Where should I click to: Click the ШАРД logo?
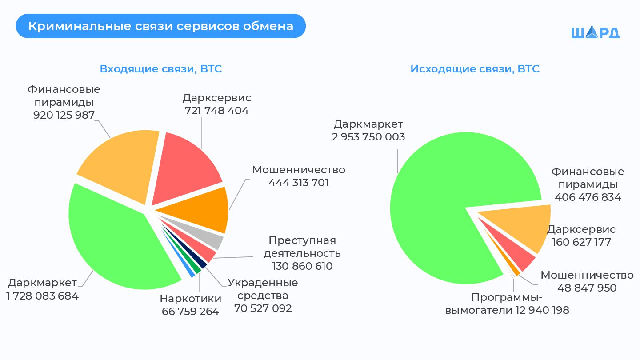(595, 32)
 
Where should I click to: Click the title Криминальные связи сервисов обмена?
(160, 26)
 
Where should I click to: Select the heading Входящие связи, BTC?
(160, 69)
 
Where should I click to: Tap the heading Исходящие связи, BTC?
(475, 69)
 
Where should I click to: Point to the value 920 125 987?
(64, 115)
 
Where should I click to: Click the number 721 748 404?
(216, 111)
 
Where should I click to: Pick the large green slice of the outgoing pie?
(444, 200)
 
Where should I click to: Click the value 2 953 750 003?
(368, 137)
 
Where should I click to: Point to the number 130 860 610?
(302, 266)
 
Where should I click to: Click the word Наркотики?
(190, 298)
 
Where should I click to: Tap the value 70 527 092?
(263, 308)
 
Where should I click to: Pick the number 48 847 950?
(587, 288)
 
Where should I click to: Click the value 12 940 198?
(542, 310)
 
